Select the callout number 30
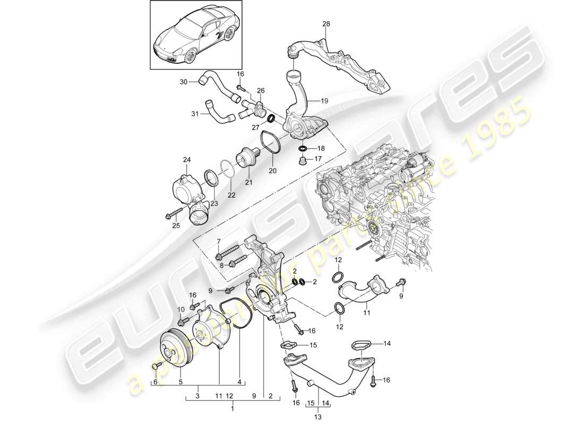(x=183, y=82)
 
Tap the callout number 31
(x=195, y=114)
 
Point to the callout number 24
(x=186, y=159)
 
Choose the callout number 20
(x=273, y=171)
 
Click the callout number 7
(x=218, y=243)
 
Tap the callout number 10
(x=180, y=309)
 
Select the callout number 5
(x=180, y=381)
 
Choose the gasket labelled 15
(x=291, y=346)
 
